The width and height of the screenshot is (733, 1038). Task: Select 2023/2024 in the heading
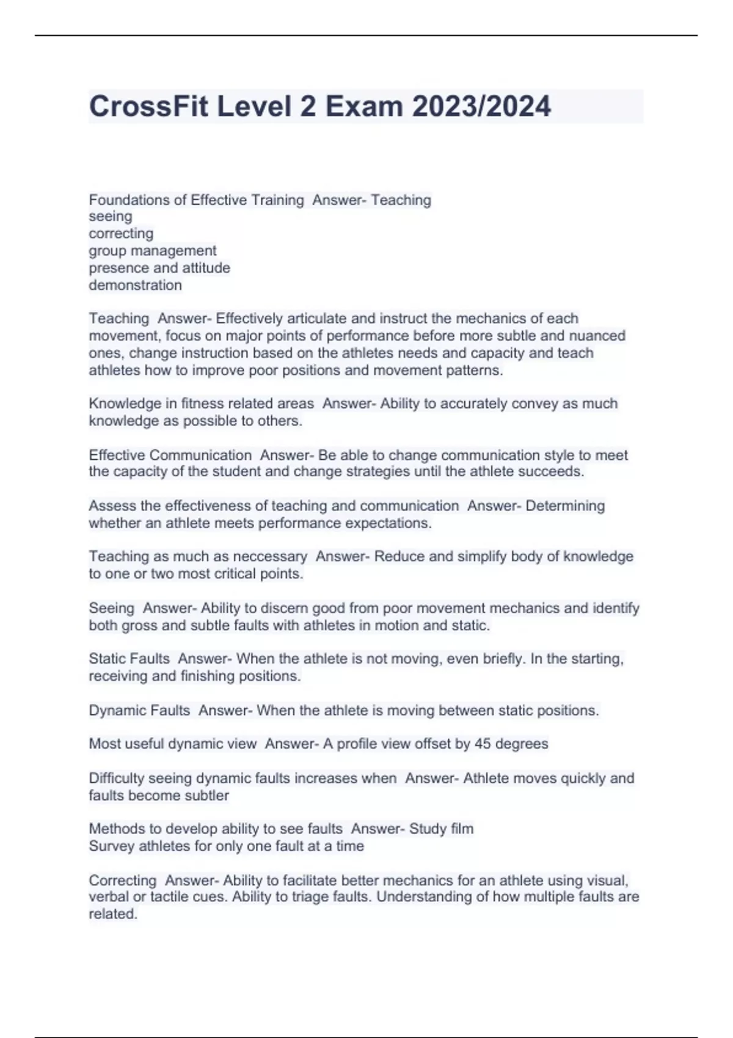481,106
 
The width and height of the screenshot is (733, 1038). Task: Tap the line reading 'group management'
153,250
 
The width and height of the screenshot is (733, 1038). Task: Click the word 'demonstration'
135,285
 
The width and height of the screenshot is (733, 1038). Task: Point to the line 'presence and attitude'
159,267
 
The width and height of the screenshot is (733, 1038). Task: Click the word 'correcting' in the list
121,233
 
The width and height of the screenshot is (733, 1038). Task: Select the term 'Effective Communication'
170,455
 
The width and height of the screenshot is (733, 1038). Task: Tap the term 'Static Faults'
129,659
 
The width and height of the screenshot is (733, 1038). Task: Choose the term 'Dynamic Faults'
139,710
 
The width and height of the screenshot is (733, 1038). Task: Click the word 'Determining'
565,506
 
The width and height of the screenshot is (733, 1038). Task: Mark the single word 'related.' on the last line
113,914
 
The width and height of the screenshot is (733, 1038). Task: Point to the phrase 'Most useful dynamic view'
173,744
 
